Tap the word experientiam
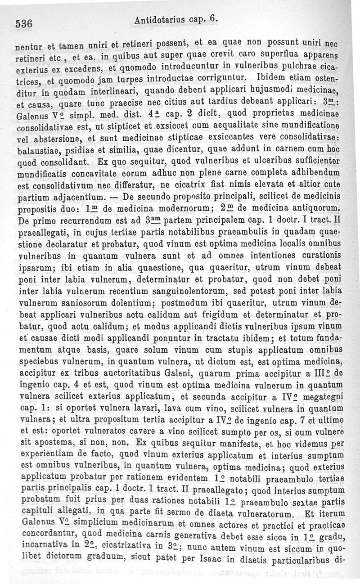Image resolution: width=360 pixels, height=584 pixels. coord(54,454)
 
